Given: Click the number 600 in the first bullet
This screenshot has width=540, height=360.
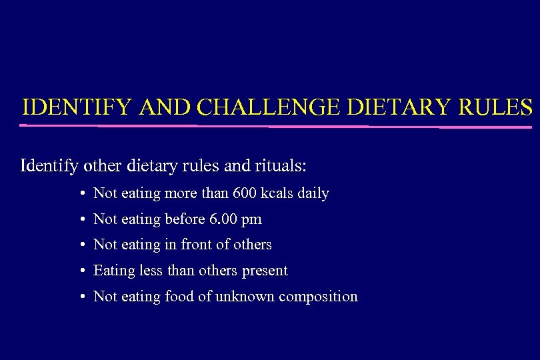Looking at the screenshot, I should [x=244, y=193].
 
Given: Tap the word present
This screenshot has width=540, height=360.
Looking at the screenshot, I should [x=265, y=271].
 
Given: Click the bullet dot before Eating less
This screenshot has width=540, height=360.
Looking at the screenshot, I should [x=80, y=271].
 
